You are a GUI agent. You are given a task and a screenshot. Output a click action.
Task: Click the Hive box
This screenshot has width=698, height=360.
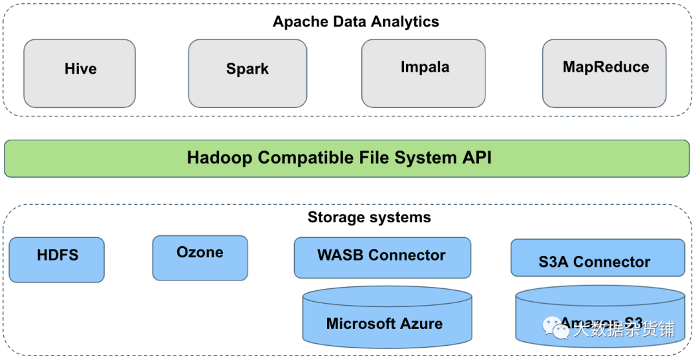click(x=79, y=73)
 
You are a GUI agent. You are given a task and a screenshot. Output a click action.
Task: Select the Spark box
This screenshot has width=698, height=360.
click(x=248, y=73)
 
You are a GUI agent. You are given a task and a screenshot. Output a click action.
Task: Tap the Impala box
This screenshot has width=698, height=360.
click(x=423, y=73)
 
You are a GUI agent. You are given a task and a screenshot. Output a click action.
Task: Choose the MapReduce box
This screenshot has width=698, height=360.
click(x=604, y=73)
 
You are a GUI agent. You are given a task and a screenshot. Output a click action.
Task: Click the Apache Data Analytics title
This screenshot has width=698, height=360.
click(x=355, y=21)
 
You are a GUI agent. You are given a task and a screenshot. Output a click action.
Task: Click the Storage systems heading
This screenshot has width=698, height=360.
click(x=369, y=217)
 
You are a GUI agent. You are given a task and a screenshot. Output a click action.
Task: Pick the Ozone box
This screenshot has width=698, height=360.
click(x=200, y=258)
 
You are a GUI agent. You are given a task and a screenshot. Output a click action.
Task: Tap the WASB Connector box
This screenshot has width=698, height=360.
click(x=382, y=257)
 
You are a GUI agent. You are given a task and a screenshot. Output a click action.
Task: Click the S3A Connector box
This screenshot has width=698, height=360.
click(x=598, y=258)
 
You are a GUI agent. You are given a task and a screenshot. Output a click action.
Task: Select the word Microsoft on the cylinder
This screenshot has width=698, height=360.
click(x=360, y=324)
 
